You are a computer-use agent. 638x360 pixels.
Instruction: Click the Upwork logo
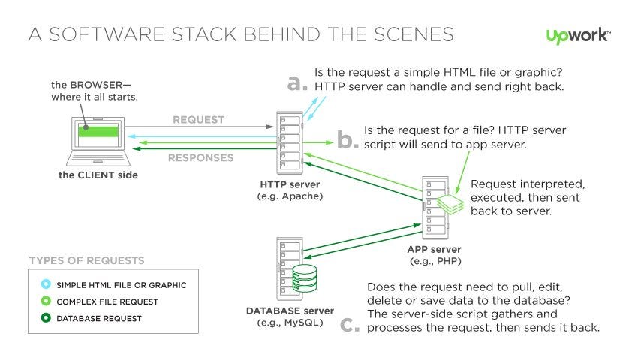click(x=578, y=36)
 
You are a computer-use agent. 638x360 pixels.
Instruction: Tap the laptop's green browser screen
click(x=98, y=131)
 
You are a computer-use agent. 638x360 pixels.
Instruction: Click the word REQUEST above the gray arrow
click(x=199, y=119)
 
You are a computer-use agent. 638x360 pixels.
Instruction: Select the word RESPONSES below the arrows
click(x=201, y=157)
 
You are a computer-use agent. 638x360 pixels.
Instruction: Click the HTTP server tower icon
click(x=290, y=142)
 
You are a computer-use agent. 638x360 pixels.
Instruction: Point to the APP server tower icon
click(x=435, y=208)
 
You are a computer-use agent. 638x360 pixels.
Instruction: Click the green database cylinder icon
click(x=305, y=278)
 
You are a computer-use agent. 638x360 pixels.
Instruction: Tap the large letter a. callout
click(x=297, y=82)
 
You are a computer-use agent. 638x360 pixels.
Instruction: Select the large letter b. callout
click(x=348, y=139)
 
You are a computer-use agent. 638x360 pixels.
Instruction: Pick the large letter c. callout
click(x=350, y=325)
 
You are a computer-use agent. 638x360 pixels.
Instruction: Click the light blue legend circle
click(x=46, y=284)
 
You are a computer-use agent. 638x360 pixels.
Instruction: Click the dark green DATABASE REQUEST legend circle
click(x=46, y=317)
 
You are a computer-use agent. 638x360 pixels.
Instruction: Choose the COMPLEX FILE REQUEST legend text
click(x=107, y=301)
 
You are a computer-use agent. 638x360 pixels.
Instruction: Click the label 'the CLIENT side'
click(x=98, y=175)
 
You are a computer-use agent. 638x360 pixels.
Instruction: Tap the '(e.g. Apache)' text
click(x=290, y=196)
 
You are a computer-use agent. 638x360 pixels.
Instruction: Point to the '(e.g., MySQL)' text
click(x=290, y=322)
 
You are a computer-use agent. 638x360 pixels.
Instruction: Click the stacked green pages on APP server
click(x=450, y=204)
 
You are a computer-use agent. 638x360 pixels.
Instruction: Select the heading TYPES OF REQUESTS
click(x=86, y=260)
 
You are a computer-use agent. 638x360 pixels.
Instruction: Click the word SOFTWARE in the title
click(x=107, y=34)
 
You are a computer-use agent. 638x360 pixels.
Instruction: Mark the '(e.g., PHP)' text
click(x=435, y=261)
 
